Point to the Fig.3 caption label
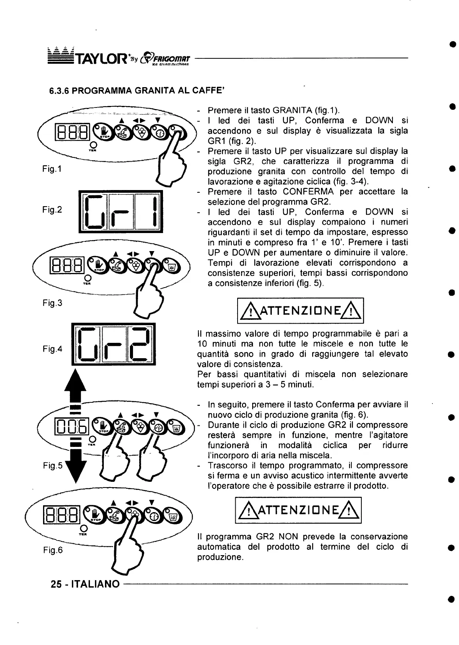(52, 303)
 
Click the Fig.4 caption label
(52, 349)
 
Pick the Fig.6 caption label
(52, 550)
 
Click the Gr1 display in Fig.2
(121, 212)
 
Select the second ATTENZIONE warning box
(298, 510)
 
